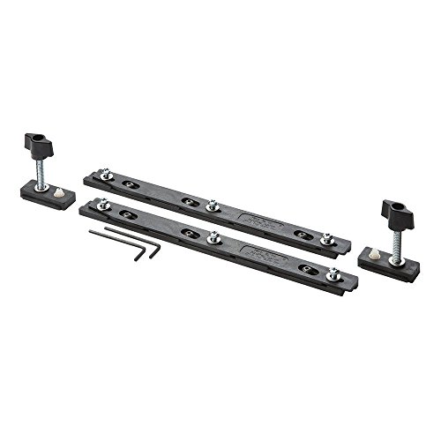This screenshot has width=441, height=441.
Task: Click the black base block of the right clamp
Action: [388, 258]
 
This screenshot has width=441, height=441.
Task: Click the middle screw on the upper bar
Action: [212, 206]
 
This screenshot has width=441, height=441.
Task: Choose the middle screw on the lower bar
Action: [213, 236]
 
